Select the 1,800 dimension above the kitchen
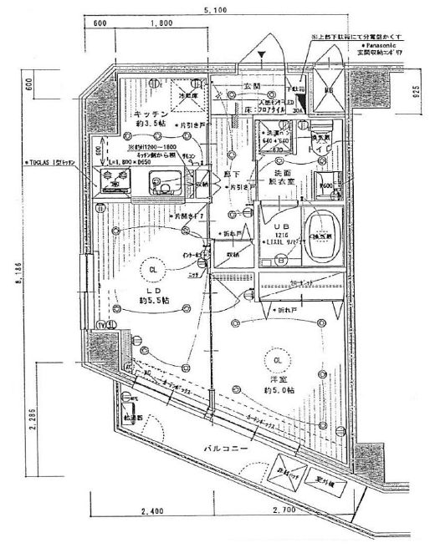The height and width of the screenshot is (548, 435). tap(153, 25)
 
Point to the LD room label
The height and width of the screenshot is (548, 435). tap(154, 287)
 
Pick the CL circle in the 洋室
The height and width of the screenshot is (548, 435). tap(277, 360)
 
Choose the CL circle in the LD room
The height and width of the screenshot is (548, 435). tap(154, 271)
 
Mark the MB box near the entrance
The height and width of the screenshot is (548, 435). tap(329, 90)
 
